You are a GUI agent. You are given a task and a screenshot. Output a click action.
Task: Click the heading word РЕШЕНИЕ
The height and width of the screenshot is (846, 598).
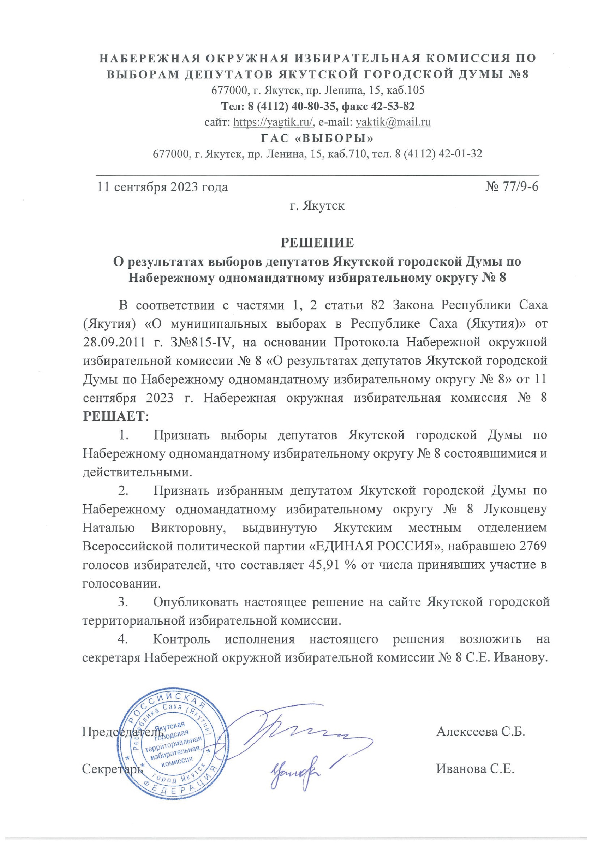coord(317,242)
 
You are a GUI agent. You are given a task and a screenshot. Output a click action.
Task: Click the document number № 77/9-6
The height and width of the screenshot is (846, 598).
coord(512,187)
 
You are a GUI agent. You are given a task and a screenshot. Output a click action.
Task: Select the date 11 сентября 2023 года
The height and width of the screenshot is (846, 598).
coord(163,187)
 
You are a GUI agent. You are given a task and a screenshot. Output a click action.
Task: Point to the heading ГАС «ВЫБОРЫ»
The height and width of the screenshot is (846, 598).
coord(317,138)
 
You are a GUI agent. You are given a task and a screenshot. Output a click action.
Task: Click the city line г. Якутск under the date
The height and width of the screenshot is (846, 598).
coord(317,205)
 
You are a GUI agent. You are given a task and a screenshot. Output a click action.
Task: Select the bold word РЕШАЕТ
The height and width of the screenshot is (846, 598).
coord(114,416)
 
